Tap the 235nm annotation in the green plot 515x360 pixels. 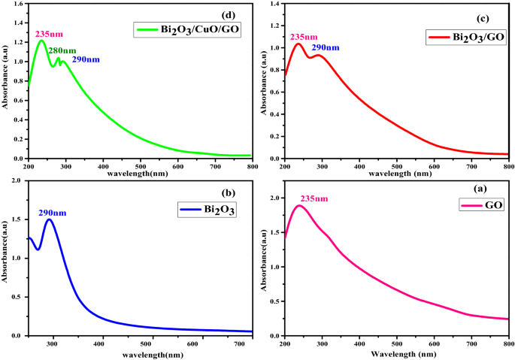(50, 34)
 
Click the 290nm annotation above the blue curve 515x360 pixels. (53, 213)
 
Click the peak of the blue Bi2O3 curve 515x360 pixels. (50, 220)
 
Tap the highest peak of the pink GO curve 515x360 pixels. (300, 205)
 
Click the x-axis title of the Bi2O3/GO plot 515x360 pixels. (396, 174)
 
